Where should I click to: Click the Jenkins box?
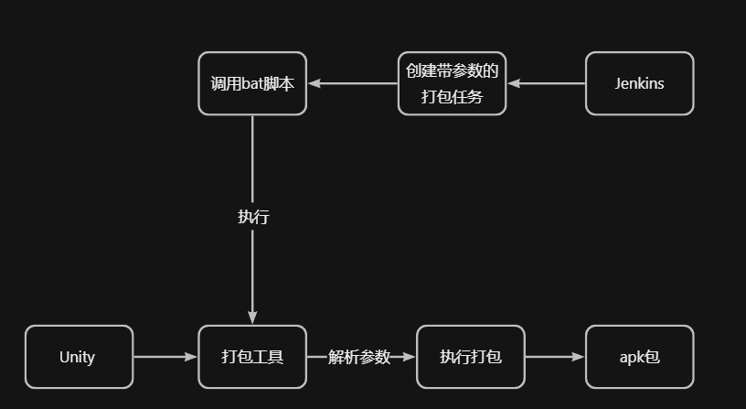[x=639, y=83]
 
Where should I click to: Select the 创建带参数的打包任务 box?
[x=452, y=83]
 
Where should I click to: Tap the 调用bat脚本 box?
[x=252, y=83]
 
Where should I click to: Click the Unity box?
[x=79, y=357]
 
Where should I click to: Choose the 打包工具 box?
[x=252, y=357]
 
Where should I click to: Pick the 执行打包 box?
[x=470, y=357]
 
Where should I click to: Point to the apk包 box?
[x=639, y=357]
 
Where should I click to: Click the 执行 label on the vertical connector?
[x=253, y=217]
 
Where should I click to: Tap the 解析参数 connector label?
[x=360, y=357]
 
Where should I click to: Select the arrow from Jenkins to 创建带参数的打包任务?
[x=547, y=83]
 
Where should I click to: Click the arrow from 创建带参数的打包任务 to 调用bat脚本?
[x=353, y=83]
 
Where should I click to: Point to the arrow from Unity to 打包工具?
[x=165, y=357]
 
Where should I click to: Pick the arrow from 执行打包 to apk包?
[x=555, y=357]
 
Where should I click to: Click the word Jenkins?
[x=639, y=83]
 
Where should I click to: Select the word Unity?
[x=77, y=357]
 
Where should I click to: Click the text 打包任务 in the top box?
[x=452, y=96]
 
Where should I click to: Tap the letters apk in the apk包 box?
[x=632, y=358]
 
